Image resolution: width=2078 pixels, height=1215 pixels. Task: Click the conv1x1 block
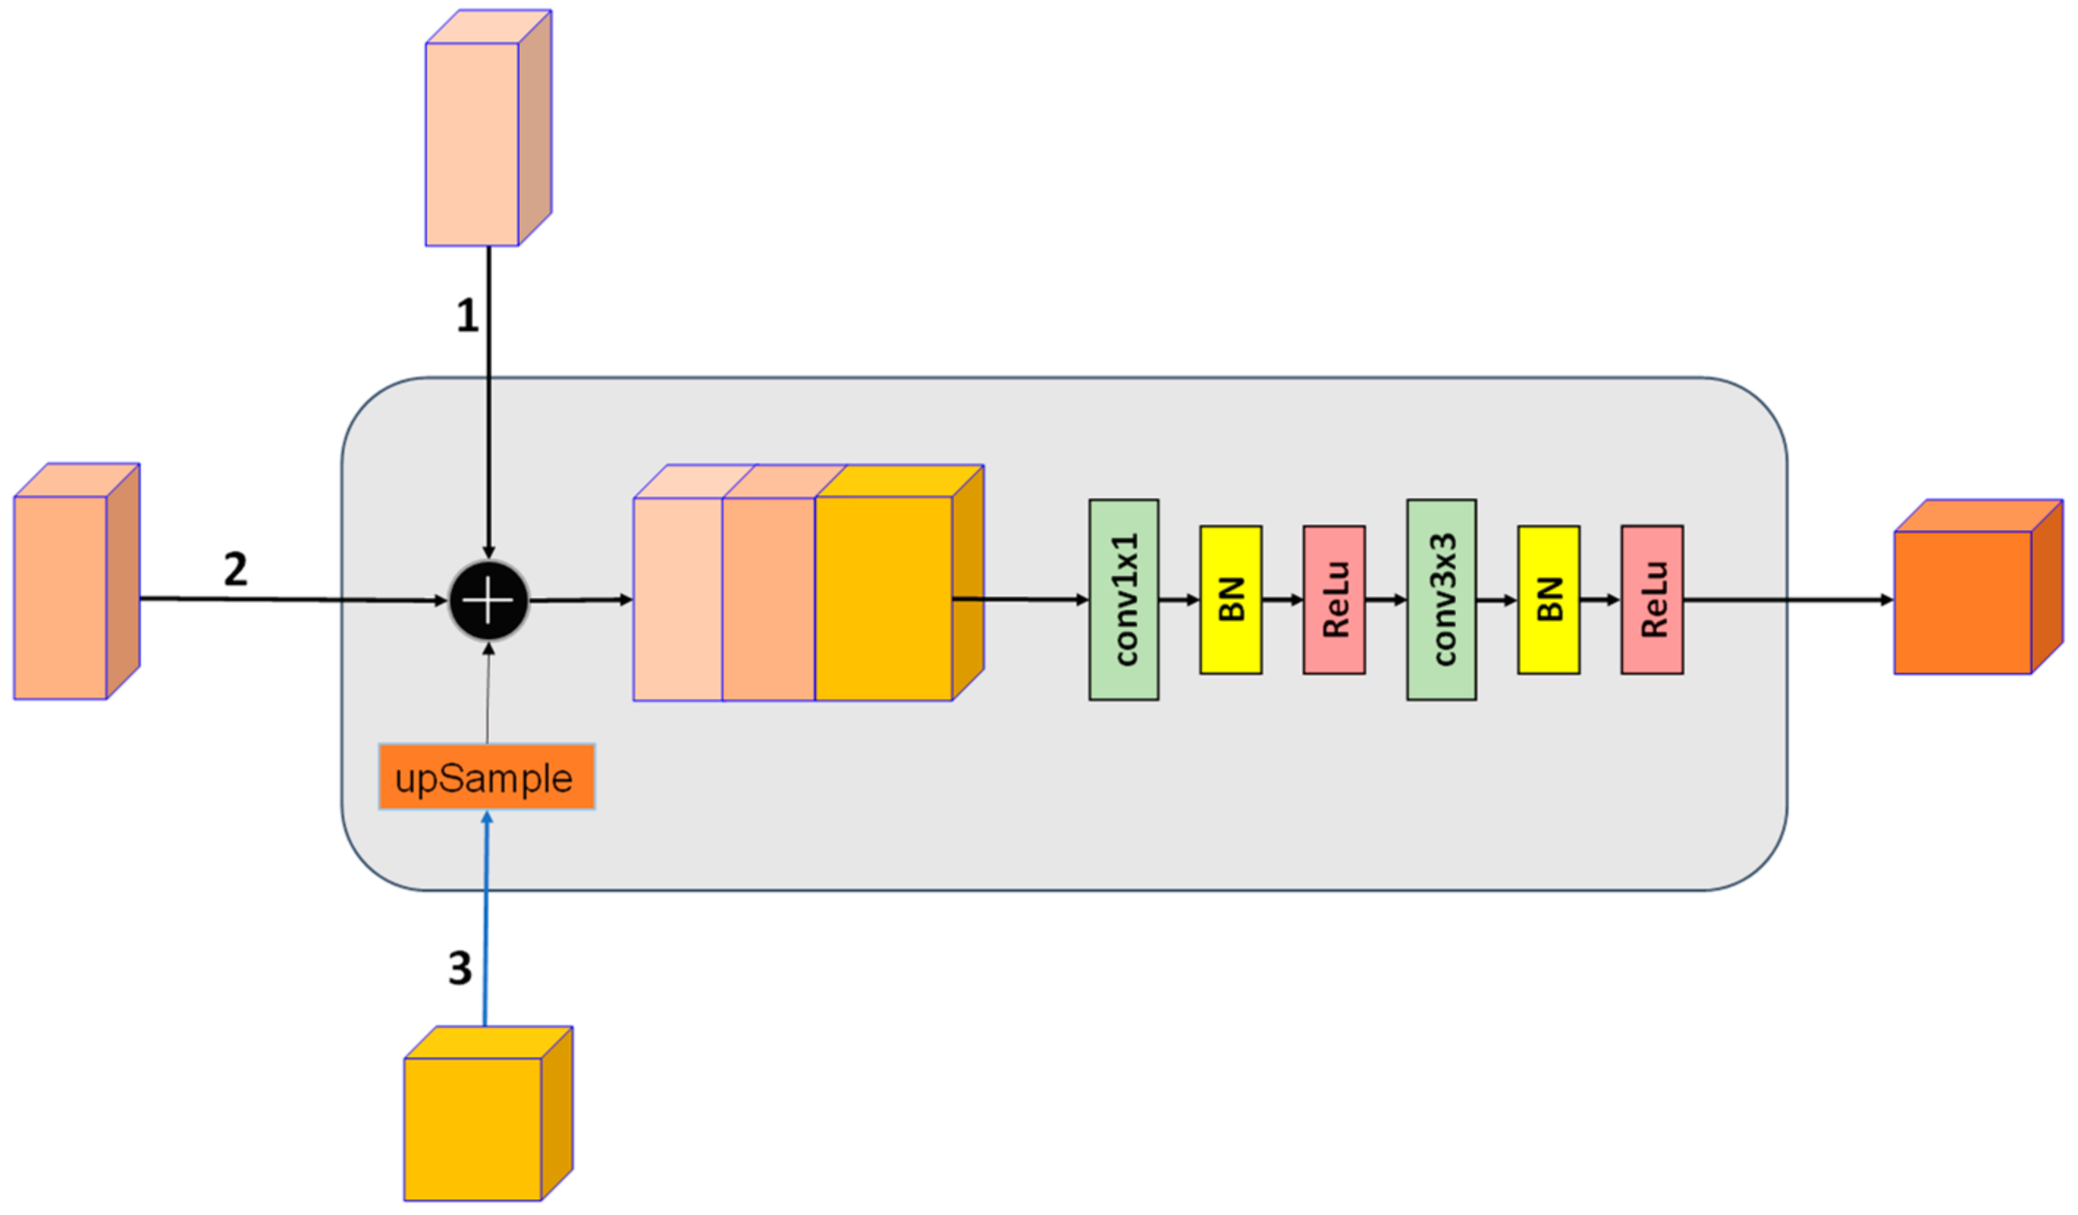coord(1123,599)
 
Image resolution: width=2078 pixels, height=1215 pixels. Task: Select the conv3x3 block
coord(1440,599)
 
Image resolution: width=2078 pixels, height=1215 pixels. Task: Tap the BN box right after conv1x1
coord(1231,599)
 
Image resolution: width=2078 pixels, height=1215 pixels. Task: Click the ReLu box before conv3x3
coord(1333,599)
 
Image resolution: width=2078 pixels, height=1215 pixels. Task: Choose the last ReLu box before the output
coord(1652,599)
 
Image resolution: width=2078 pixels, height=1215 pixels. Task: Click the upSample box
coord(486,777)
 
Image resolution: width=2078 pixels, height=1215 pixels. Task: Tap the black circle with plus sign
coord(489,600)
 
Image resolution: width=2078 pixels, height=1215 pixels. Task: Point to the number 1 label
coord(467,315)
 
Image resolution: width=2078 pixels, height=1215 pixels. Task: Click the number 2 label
coord(235,569)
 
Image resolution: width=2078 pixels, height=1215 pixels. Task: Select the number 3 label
coord(459,968)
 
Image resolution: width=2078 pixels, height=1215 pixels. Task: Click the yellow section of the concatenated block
coord(883,598)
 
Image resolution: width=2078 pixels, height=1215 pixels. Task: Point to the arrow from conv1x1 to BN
coord(1178,600)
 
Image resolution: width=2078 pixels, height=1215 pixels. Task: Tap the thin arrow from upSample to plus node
coord(488,696)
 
